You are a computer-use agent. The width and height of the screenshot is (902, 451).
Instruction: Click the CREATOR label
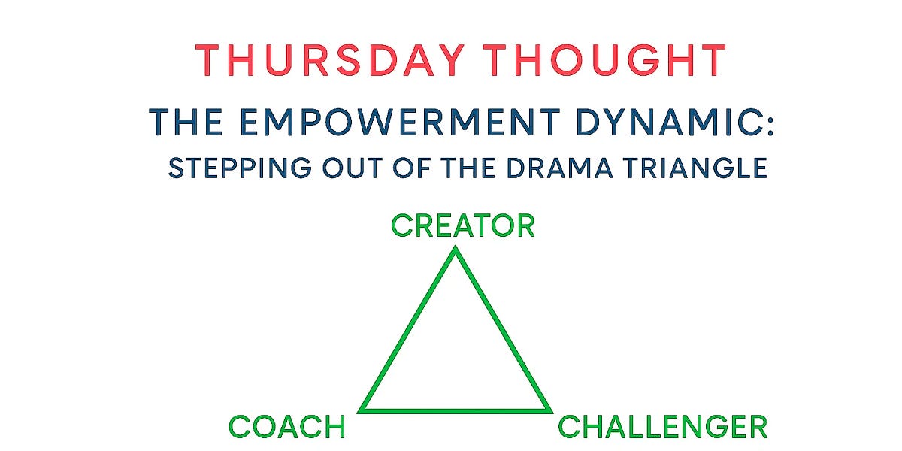462,225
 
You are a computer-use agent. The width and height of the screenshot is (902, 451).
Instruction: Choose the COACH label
287,427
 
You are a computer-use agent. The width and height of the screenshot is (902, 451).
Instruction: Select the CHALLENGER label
662,427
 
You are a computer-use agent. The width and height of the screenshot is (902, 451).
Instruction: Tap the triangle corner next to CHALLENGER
549,410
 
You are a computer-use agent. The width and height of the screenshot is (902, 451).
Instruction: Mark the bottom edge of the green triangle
456,410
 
